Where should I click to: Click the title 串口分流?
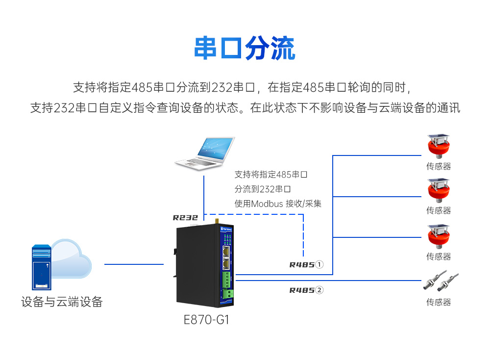click(x=245, y=48)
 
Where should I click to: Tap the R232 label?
click(x=185, y=217)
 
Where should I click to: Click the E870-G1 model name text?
click(x=206, y=320)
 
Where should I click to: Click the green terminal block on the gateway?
click(x=228, y=281)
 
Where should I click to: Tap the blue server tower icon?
click(x=42, y=267)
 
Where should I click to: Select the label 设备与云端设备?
click(x=62, y=302)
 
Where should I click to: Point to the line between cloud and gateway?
click(x=133, y=264)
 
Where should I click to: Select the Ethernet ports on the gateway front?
click(x=227, y=257)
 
